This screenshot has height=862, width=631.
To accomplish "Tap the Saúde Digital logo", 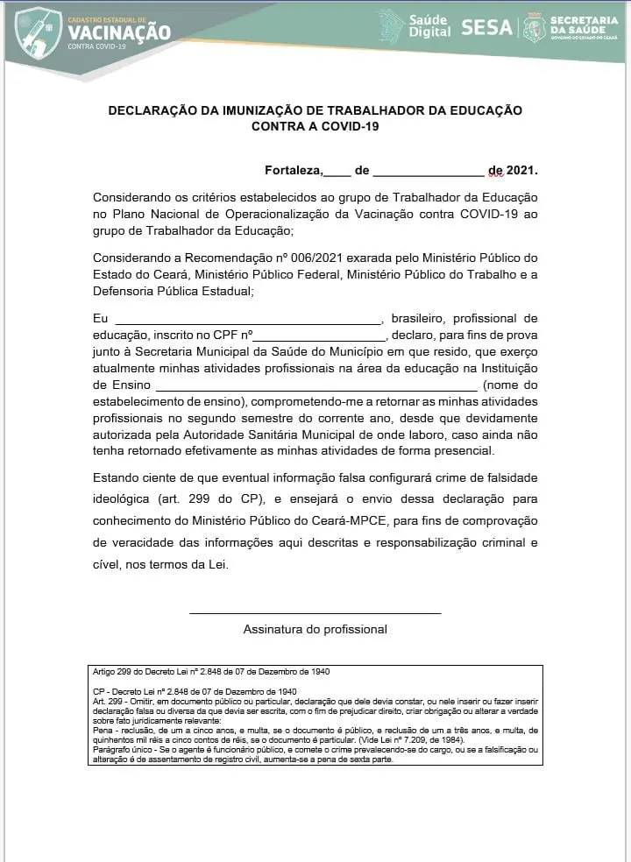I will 415,25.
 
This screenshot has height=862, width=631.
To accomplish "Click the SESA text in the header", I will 486,27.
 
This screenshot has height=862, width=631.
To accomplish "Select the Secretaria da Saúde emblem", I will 534,27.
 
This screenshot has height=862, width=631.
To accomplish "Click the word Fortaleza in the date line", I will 294,170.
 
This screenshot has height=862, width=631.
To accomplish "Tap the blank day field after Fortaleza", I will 337,172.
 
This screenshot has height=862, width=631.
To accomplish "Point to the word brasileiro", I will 419,318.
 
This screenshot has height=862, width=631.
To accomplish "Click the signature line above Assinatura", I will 315,613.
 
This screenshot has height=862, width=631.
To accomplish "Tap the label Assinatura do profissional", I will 315,629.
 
